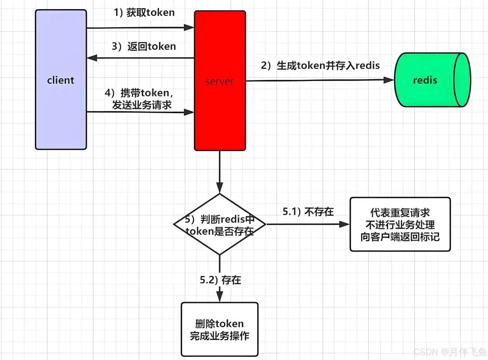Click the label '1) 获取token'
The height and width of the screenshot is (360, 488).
144,13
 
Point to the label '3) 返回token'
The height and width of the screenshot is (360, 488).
144,46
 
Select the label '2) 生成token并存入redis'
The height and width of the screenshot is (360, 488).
320,66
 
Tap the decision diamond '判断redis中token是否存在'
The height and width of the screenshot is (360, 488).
220,224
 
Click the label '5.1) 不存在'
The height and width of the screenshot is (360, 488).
308,212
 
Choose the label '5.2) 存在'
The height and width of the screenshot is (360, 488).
221,280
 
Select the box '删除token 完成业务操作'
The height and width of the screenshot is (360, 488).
220,329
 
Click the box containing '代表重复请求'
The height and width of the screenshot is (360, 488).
400,224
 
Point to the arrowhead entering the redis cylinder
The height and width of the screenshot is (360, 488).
389,80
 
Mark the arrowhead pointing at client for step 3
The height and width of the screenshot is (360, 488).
92,58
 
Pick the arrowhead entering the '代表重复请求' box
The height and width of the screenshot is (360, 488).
345,224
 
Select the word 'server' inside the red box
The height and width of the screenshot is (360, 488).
220,82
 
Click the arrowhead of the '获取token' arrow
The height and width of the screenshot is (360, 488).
189,28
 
